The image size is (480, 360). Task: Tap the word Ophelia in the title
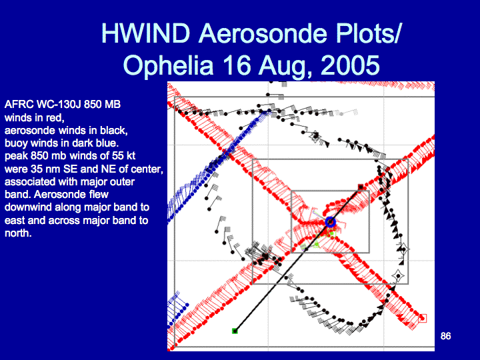pyautogui.click(x=168, y=65)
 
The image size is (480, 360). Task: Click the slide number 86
pyautogui.click(x=446, y=336)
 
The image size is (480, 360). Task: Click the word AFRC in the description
pyautogui.click(x=19, y=105)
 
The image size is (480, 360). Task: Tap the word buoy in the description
pyautogui.click(x=16, y=143)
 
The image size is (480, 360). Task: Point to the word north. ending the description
pyautogui.click(x=18, y=233)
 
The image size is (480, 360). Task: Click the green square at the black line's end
pyautogui.click(x=235, y=331)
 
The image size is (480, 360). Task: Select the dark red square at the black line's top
pyautogui.click(x=361, y=187)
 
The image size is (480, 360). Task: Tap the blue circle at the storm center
pyautogui.click(x=330, y=222)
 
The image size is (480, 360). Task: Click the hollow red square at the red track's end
pyautogui.click(x=423, y=319)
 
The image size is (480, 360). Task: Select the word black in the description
pyautogui.click(x=111, y=131)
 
